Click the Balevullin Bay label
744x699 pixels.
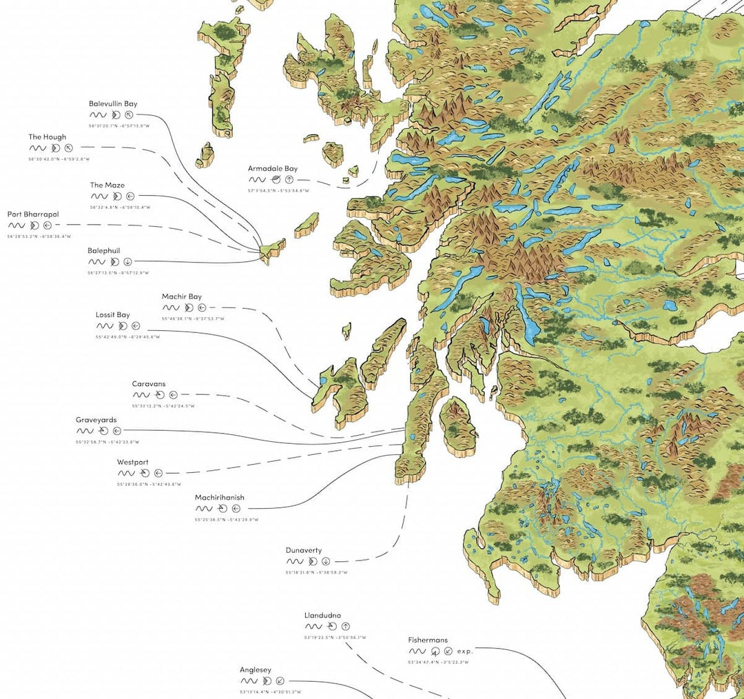pos(113,104)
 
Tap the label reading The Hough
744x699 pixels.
pos(48,137)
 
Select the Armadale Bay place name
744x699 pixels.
pos(273,168)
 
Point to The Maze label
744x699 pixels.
pos(107,185)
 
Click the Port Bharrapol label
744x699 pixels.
pos(33,214)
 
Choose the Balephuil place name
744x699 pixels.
pos(104,251)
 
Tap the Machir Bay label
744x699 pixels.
pos(182,297)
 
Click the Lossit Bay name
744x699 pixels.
pos(113,315)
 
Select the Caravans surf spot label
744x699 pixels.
pos(149,384)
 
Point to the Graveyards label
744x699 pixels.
pos(96,420)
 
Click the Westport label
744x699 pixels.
pos(132,463)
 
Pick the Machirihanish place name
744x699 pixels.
pos(219,498)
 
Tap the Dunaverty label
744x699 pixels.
pos(304,550)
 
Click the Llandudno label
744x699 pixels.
pos(322,616)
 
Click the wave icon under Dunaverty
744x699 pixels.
pos(294,561)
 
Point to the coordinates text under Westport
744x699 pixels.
pos(149,484)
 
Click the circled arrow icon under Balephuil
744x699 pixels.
pos(128,262)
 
